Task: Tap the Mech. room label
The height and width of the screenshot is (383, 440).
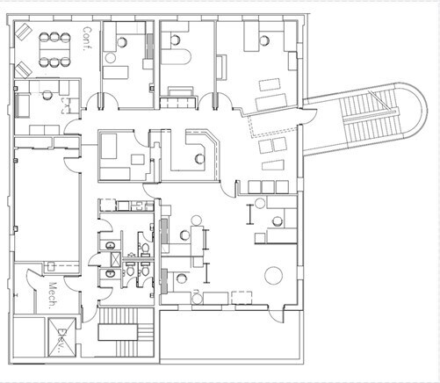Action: coord(53,295)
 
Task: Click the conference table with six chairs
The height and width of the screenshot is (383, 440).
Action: coord(55,50)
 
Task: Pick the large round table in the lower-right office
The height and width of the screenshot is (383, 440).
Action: coord(273,275)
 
